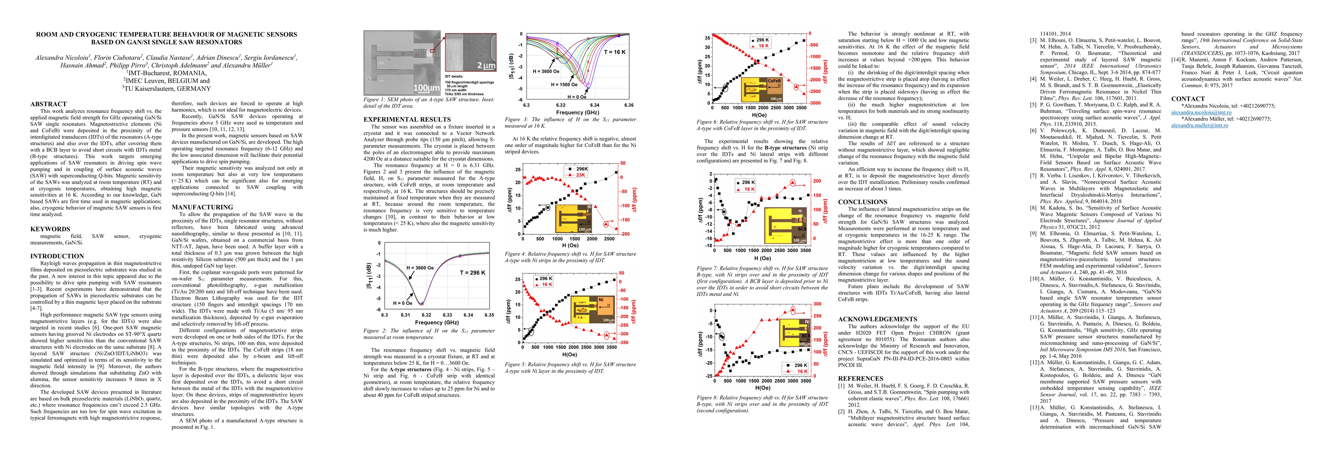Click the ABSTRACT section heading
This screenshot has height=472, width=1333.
click(49, 104)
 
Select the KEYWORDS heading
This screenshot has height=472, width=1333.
click(50, 229)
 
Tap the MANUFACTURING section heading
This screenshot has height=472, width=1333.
click(202, 207)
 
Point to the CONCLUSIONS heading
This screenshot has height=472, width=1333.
click(862, 202)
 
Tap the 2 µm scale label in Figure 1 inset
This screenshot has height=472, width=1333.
click(486, 66)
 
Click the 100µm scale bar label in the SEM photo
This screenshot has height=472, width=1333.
click(427, 88)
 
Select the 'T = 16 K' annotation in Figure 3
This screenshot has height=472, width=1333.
click(615, 52)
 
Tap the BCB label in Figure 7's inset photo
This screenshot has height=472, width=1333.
click(801, 228)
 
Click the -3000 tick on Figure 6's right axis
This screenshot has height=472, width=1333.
click(814, 103)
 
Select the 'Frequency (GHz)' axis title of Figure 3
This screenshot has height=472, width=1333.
click(578, 112)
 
